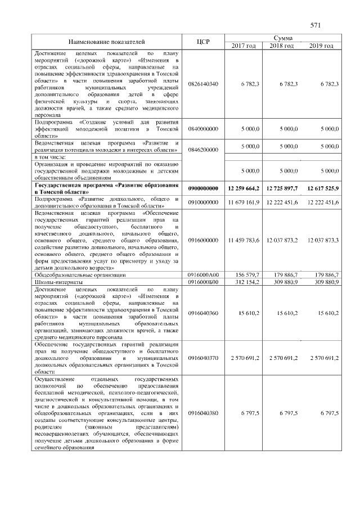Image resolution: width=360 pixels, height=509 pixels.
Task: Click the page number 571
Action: coord(315,25)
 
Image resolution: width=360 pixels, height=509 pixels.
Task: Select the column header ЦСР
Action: coord(203,42)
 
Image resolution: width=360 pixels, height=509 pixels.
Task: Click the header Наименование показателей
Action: coord(106,42)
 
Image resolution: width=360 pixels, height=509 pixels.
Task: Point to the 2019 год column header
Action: coord(321,46)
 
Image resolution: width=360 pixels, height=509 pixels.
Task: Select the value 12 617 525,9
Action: coord(322,188)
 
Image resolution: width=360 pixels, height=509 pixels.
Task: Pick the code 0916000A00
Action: coord(203,275)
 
